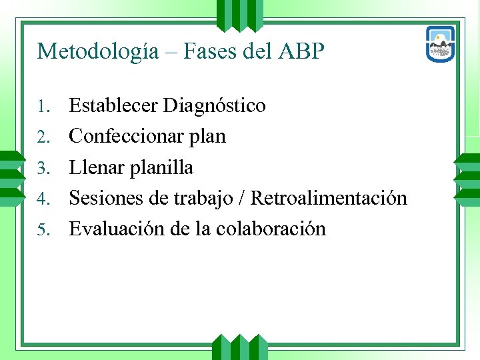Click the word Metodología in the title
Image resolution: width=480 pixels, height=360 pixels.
coord(98,51)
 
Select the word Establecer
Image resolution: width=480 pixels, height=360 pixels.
coord(113,105)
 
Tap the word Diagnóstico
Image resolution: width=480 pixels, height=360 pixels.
coord(215,106)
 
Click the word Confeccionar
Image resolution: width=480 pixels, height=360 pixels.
coord(127,136)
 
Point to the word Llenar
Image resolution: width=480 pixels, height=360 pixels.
coord(97,167)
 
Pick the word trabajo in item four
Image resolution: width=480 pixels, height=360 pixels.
coord(204,199)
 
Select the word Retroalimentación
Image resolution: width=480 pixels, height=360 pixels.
coord(329,198)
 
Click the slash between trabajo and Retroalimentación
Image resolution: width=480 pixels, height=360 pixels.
coord(243,198)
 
